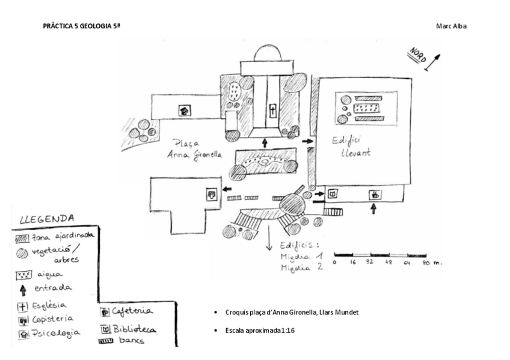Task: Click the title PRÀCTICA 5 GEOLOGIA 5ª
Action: pos(82,26)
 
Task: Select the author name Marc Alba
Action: pos(451,26)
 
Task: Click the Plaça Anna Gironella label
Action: pos(195,149)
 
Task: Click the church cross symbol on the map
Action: pos(272,111)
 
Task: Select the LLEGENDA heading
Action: pos(47,219)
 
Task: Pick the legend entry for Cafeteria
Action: pos(127,311)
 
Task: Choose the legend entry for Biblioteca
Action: pos(128,329)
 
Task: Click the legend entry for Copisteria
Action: pos(46,319)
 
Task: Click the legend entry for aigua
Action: pos(40,275)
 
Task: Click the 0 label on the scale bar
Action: pos(334,263)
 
